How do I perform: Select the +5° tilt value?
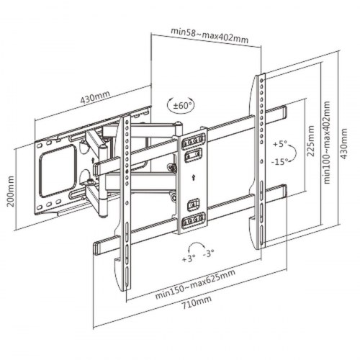280,145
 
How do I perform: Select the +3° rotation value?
189,257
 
